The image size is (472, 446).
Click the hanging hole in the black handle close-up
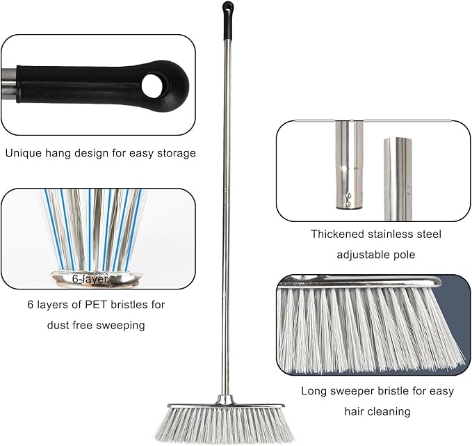154,86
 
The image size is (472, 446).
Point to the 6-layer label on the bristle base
90,279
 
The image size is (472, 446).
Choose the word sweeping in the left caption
122,324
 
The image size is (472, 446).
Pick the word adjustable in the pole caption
366,255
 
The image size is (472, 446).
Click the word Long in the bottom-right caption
314,391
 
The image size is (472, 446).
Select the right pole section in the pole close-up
396,177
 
